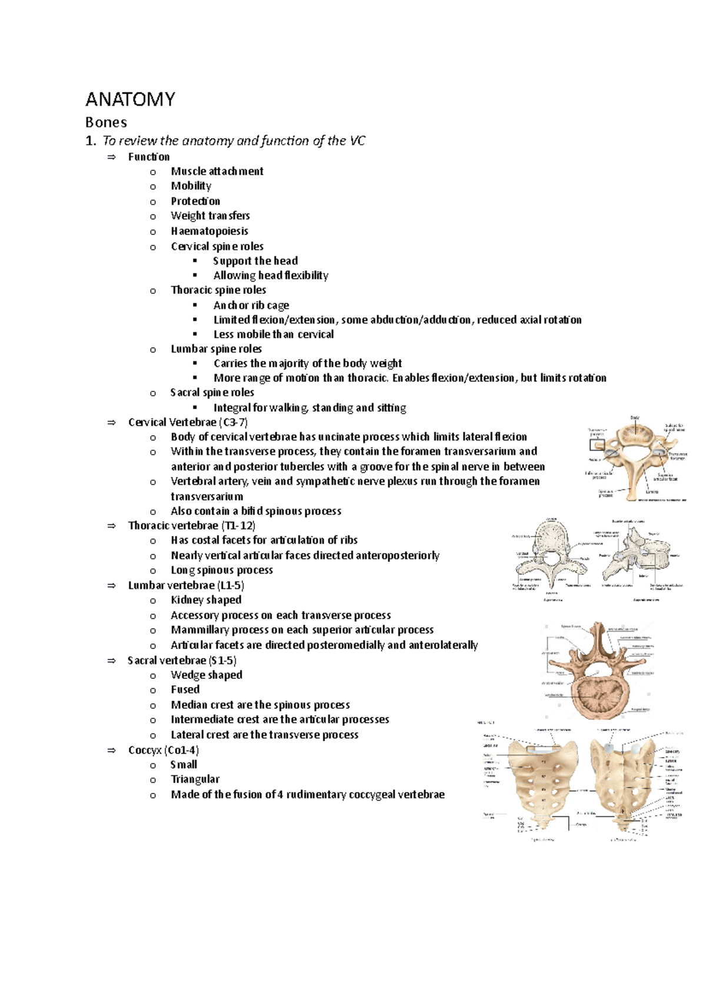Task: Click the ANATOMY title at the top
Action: click(130, 99)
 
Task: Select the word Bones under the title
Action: click(106, 122)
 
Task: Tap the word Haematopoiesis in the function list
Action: click(209, 231)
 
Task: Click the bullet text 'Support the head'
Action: click(255, 260)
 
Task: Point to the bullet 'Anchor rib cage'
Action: click(251, 305)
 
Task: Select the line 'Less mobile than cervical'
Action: click(274, 334)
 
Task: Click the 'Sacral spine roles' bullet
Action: click(212, 392)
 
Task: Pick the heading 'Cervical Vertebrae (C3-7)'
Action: click(188, 422)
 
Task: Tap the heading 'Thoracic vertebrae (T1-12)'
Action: click(192, 525)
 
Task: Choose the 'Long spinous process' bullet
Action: click(222, 570)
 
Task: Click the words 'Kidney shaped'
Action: click(206, 600)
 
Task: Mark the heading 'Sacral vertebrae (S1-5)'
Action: click(182, 660)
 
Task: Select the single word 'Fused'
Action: click(185, 689)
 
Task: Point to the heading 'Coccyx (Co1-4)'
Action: click(164, 750)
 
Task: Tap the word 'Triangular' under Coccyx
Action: click(195, 779)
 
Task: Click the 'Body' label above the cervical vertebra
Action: click(635, 417)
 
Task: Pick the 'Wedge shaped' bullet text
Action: click(207, 675)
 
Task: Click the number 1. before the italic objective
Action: click(90, 140)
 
